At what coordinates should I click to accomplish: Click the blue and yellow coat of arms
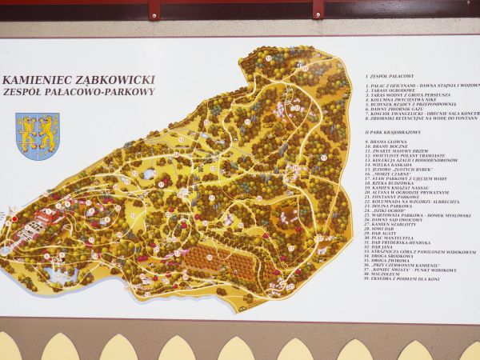point(38,134)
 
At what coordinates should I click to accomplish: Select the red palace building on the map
point(43,218)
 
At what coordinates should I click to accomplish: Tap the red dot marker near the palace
point(14,218)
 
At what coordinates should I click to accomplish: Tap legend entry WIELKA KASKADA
point(391,166)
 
